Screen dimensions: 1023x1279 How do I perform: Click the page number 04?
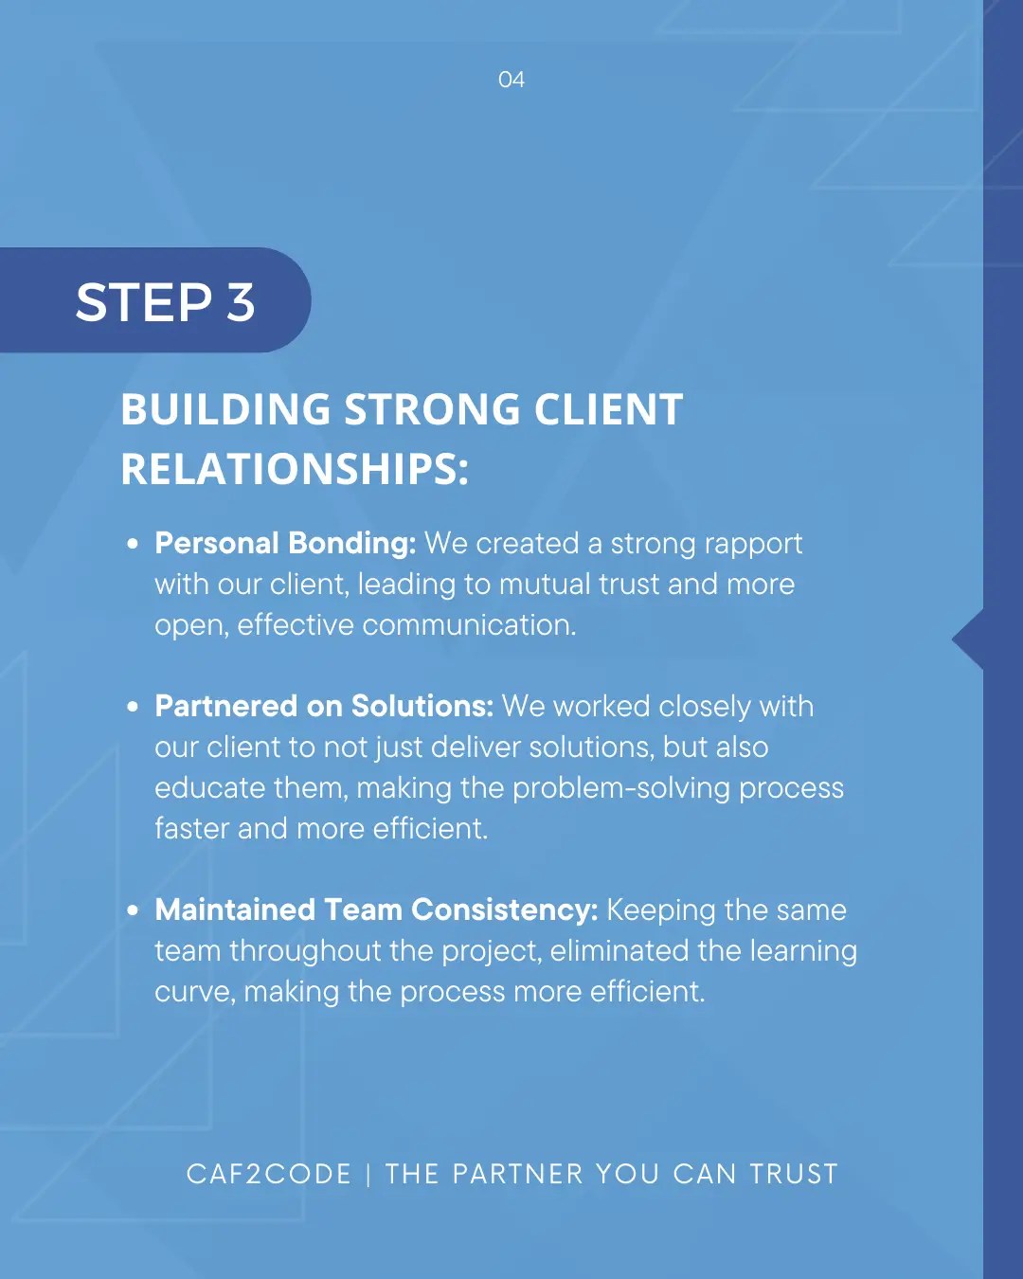[511, 80]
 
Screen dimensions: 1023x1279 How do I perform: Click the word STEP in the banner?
[144, 303]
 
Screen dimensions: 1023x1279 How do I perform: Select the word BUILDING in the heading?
[225, 410]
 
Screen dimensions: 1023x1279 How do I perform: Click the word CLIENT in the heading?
[608, 410]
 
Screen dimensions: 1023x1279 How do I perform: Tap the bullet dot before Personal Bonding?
[133, 544]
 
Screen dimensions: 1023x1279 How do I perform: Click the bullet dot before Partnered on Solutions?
[133, 707]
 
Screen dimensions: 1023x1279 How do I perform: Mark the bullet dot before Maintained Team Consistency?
[133, 910]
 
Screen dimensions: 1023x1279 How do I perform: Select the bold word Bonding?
[351, 544]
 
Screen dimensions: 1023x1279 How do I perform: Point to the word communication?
[469, 625]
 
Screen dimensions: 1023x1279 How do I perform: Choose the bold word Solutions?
[422, 707]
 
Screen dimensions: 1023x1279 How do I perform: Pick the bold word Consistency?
[504, 910]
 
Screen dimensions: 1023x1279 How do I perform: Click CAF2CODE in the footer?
[269, 1174]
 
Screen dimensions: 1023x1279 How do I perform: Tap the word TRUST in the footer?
[794, 1174]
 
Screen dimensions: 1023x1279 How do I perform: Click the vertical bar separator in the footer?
[368, 1175]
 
